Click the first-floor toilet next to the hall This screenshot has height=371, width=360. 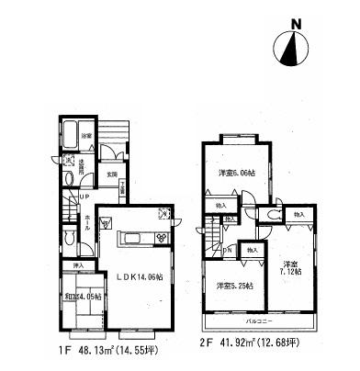tap(72, 237)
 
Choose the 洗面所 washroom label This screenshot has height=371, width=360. tap(82, 169)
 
